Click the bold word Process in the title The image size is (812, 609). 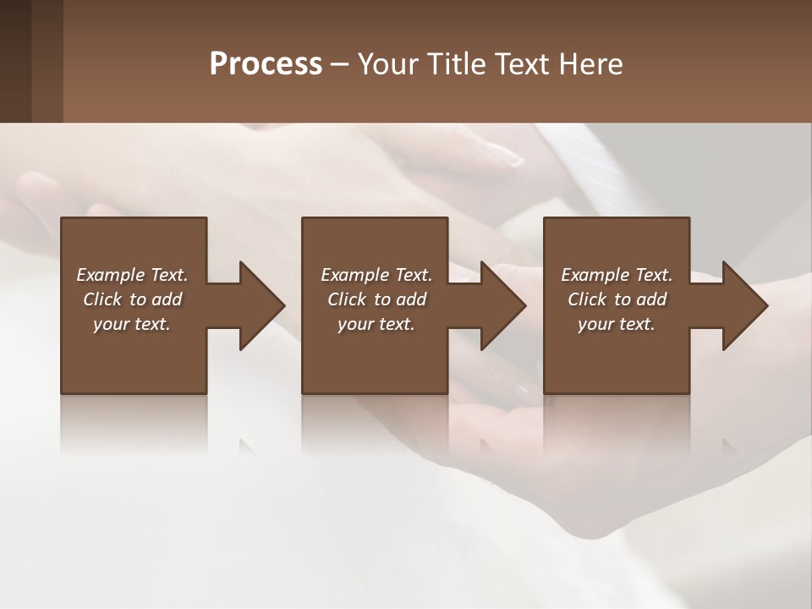coord(266,64)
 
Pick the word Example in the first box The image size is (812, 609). coord(110,275)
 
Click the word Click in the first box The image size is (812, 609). coord(103,299)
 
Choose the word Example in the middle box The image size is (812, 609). coord(354,275)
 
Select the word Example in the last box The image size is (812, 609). coord(595,275)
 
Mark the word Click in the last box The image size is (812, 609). coord(588,299)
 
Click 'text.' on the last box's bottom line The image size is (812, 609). coord(636,324)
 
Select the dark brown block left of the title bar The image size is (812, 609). coord(31,61)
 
